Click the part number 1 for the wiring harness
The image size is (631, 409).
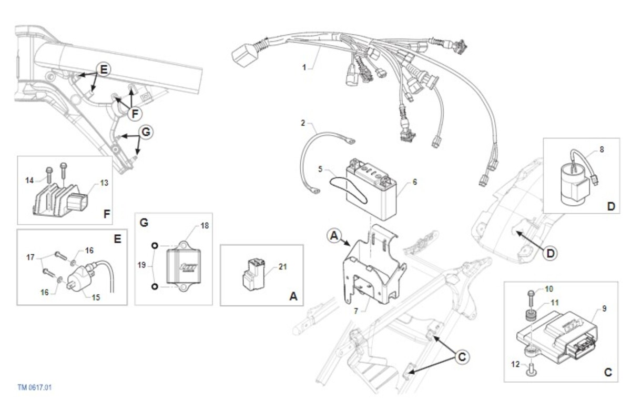[x=304, y=67]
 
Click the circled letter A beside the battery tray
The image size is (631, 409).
[x=333, y=235]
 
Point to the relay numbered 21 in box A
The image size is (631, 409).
[x=252, y=274]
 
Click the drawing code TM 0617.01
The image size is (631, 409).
[x=35, y=387]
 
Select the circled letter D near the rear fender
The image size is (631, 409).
[x=549, y=253]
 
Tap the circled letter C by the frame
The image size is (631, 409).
[x=461, y=356]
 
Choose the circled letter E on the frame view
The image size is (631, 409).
[x=104, y=69]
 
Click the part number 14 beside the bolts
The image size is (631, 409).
[x=29, y=180]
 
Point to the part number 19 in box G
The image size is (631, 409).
[x=140, y=265]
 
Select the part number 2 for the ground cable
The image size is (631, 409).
[x=303, y=123]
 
